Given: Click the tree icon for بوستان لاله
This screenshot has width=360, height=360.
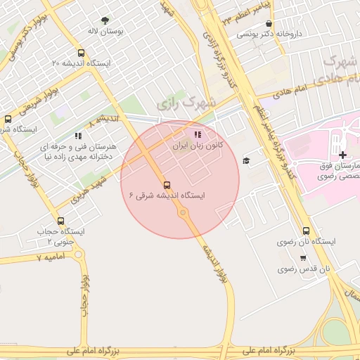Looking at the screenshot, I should coord(105,21).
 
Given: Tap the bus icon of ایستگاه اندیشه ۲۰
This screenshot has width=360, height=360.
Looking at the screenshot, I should coord(82,53).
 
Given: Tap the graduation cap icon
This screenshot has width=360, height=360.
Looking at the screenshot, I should coord(245,161).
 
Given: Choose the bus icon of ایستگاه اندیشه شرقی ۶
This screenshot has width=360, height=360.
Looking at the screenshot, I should coord(167,186).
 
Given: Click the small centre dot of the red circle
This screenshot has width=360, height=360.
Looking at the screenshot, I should coord(183,212).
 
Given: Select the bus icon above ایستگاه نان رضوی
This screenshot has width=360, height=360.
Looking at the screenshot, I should coord(306,231).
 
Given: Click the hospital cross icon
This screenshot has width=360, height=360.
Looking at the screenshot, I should coord(342,155).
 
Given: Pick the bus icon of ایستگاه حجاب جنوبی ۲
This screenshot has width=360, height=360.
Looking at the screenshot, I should coord(60,221).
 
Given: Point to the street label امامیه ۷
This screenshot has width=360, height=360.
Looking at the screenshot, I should coord(50,258).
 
